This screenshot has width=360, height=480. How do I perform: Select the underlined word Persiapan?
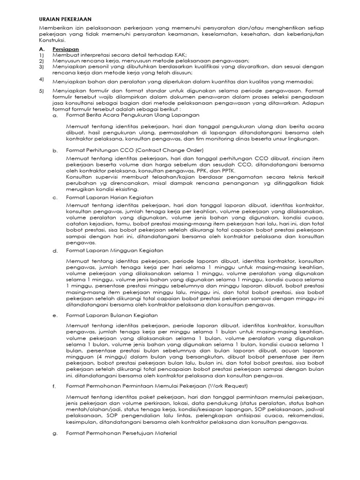[x=65, y=49]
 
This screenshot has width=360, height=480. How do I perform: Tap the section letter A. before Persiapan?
[x=42, y=49]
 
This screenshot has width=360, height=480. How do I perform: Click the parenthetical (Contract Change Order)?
[x=170, y=150]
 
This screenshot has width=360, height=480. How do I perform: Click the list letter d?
[x=55, y=251]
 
